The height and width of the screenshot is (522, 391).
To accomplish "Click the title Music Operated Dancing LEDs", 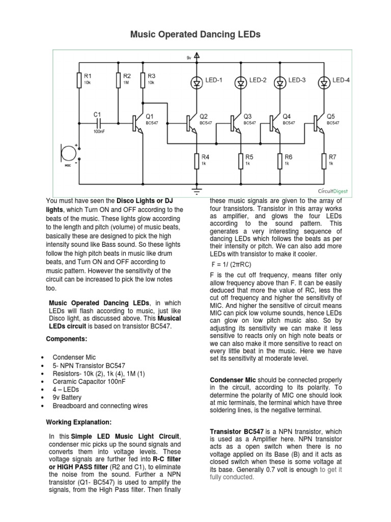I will click(x=195, y=35).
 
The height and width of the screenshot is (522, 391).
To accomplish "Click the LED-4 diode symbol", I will click(x=324, y=82).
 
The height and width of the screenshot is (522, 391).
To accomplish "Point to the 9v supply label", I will click(x=189, y=58).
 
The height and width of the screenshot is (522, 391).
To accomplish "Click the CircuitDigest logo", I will click(x=334, y=190).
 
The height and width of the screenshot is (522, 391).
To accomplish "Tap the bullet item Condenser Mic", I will click(x=74, y=357).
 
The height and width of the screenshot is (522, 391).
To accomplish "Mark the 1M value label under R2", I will click(x=126, y=82).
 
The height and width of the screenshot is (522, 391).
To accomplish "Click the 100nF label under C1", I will click(x=99, y=132).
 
